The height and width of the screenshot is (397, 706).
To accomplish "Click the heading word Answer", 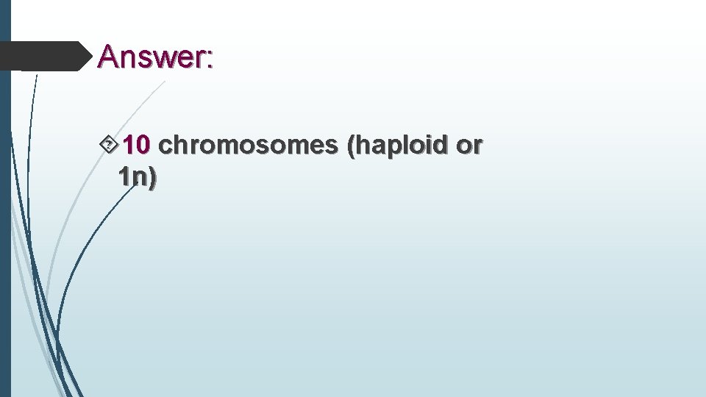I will click(x=154, y=56).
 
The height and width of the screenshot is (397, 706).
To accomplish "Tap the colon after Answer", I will click(x=210, y=60).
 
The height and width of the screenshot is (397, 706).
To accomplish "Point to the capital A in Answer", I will click(x=108, y=56).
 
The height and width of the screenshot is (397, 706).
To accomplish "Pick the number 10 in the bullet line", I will click(x=136, y=146).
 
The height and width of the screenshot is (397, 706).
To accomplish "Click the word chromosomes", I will click(x=248, y=146).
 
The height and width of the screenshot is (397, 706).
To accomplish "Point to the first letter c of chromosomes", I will click(x=165, y=148).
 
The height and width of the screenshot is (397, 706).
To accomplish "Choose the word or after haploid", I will click(x=468, y=148).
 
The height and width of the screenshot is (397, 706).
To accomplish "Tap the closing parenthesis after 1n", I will click(x=151, y=179).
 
